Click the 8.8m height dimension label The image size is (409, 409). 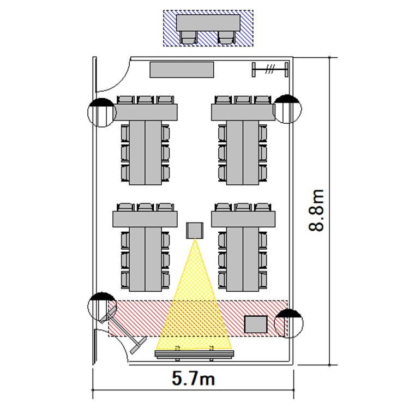[317, 210]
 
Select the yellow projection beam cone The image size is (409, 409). [194, 305]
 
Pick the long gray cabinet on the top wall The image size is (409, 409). [182, 69]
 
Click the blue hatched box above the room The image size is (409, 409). [208, 27]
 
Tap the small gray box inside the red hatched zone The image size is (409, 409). [255, 324]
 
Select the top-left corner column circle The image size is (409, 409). [102, 112]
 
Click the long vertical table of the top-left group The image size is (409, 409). [145, 152]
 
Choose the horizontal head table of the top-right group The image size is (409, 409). [243, 112]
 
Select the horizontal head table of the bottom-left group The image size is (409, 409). [145, 219]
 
